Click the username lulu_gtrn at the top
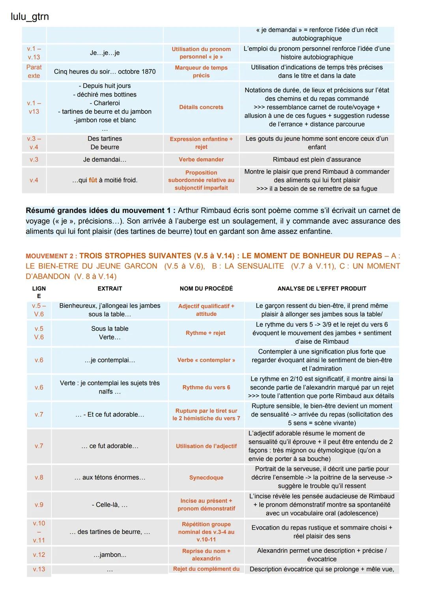coord(30,17)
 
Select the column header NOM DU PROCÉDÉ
coord(206,289)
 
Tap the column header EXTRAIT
coord(110,289)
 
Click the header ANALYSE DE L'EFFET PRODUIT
coord(321,289)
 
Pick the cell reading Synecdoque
coord(206,477)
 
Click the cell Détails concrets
coord(201,107)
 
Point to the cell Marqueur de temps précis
coord(201,71)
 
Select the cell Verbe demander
coord(201,160)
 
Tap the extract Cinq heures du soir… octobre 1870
coord(105,71)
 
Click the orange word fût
coord(93,180)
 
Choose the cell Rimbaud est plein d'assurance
coord(317,160)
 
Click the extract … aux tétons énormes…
coord(110,477)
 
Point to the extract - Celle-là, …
coord(110,505)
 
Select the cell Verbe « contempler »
coord(206,360)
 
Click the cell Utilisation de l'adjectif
coord(206,446)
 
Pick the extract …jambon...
coord(110,555)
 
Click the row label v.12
coord(39,555)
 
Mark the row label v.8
coord(39,477)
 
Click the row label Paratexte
coord(34,71)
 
